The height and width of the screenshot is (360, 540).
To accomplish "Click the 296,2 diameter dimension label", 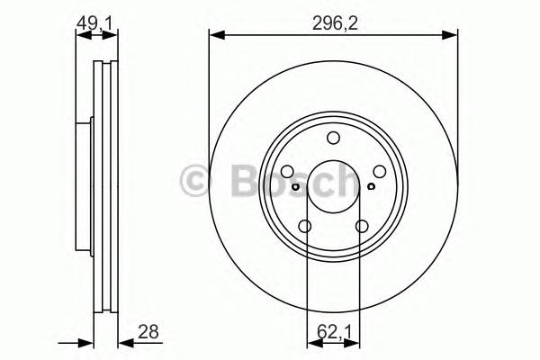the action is point(335,23).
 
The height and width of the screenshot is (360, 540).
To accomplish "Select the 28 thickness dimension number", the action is point(148,332).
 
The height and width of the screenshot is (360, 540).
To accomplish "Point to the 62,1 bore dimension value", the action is point(334,332).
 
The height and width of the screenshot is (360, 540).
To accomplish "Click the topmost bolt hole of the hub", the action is point(333,138).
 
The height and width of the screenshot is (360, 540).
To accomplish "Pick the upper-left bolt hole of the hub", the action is point(287,171).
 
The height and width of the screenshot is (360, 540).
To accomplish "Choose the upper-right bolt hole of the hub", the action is point(380,171).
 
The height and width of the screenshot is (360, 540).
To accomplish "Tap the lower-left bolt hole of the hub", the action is point(305,226).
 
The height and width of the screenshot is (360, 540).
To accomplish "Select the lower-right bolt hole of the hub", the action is point(362,226).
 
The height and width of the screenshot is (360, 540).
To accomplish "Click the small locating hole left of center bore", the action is point(295,186).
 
